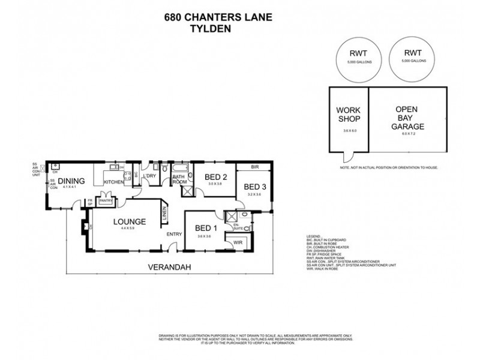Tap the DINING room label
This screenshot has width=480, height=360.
(71, 181)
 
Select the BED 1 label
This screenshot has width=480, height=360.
(205, 228)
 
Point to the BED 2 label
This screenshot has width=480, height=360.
(215, 177)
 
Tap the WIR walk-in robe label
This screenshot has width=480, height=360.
(238, 242)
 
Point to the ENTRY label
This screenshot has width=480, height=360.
(175, 234)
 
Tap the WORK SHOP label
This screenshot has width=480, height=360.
(348, 115)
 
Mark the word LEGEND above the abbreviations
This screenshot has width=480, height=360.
(313, 237)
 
